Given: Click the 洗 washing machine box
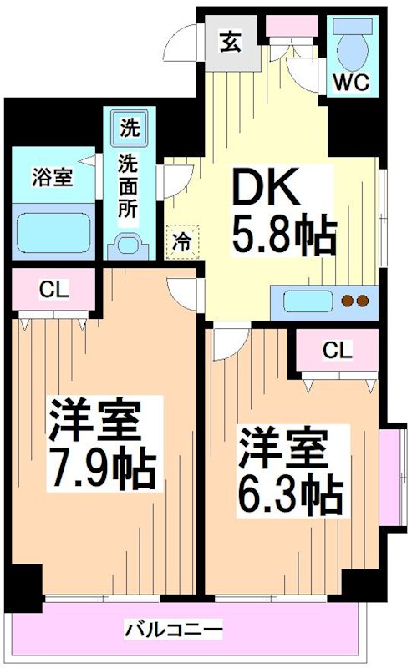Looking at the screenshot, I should pyautogui.click(x=130, y=129).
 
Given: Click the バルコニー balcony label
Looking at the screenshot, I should pyautogui.click(x=174, y=628).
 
